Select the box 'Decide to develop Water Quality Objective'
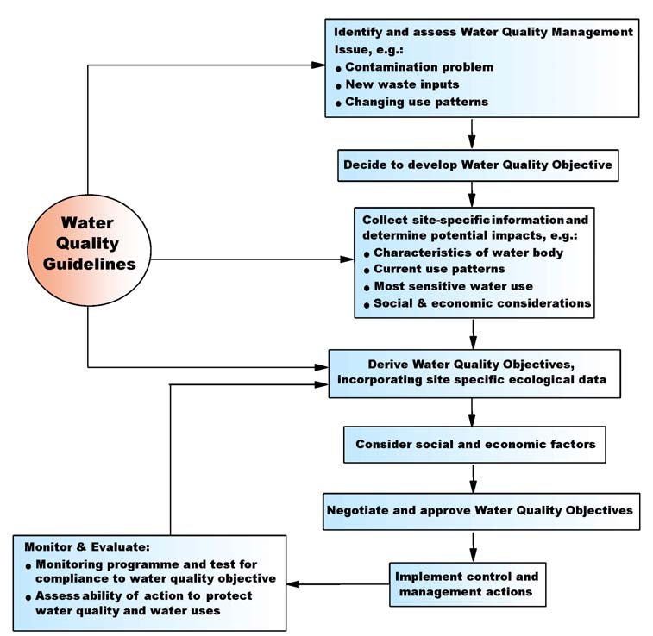coord(477,165)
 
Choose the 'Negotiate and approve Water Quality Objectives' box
coord(480,510)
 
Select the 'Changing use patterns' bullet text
coord(417,102)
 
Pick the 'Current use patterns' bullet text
coord(438,270)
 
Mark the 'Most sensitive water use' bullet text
coord(453,286)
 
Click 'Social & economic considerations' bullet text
coord(481,303)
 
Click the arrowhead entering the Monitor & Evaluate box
coord(293,583)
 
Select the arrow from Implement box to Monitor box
coord(336,583)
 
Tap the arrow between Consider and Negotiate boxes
coord(473,477)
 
